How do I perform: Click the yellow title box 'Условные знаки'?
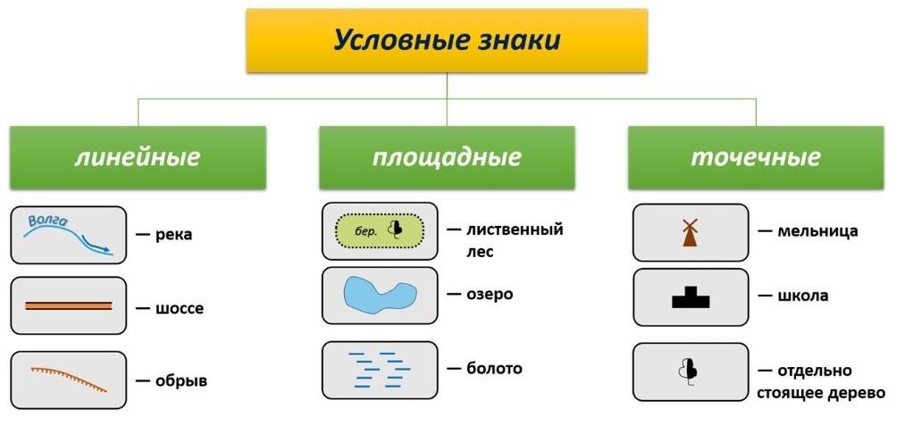[x=447, y=40]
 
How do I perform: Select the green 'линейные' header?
[x=138, y=157]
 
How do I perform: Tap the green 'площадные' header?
[x=447, y=157]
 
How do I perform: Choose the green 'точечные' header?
[x=756, y=157]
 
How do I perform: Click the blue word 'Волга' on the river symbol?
[x=47, y=220]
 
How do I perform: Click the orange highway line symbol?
[x=68, y=306]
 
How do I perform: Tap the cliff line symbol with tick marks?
[x=68, y=378]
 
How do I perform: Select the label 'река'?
[x=173, y=236]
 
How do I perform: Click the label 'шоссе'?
[x=180, y=309]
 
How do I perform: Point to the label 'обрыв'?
[x=181, y=381]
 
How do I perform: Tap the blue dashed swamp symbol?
[x=381, y=369]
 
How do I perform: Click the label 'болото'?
[x=494, y=368]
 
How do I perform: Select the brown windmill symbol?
[x=690, y=232]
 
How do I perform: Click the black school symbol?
[x=691, y=297]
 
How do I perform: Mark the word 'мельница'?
[x=817, y=232]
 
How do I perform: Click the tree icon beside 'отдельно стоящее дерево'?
[x=688, y=371]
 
